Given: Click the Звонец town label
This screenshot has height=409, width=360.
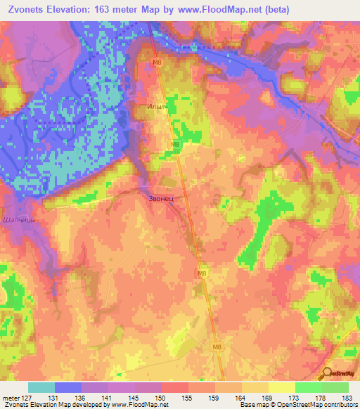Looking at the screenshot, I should point(165,199).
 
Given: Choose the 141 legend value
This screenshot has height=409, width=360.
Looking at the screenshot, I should point(111,398).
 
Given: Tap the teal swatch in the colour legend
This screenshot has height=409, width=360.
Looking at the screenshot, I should point(41,387).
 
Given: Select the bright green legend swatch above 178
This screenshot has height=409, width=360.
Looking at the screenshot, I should point(309,387).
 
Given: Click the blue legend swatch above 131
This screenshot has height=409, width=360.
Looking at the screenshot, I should point(68,387).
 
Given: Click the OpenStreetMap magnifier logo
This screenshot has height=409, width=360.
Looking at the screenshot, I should point(326,374).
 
